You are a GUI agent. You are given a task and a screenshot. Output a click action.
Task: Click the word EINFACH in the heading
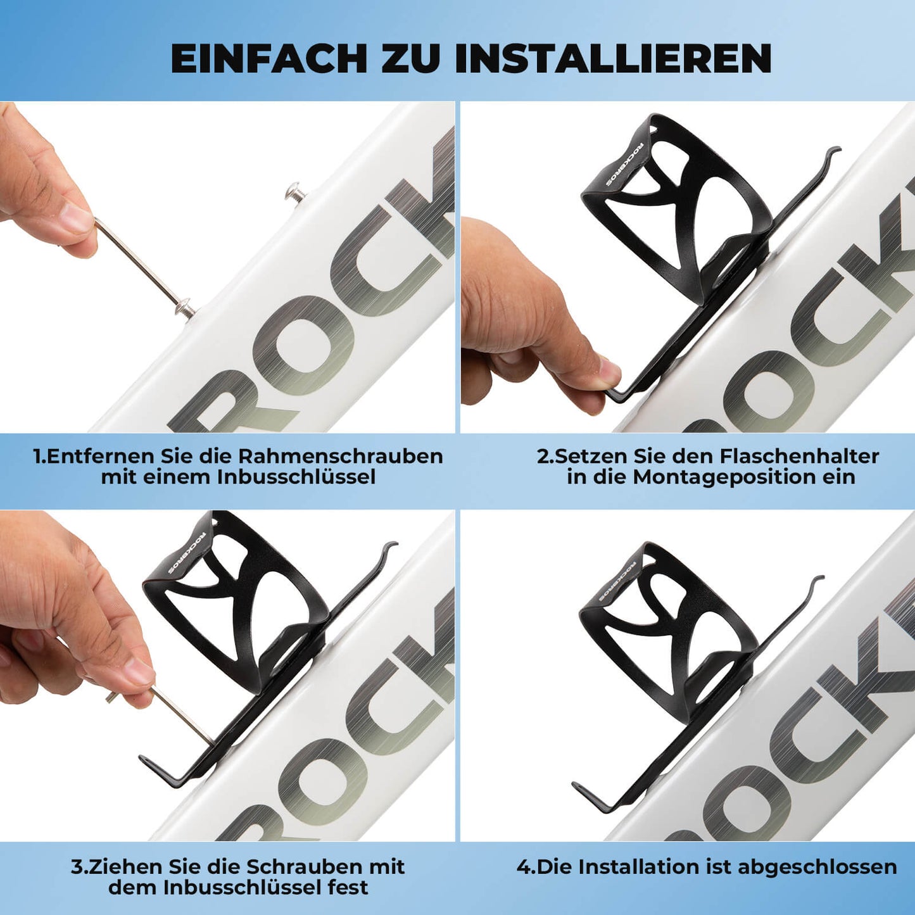269,58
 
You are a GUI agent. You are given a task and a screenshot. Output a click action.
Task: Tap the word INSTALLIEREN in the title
612,58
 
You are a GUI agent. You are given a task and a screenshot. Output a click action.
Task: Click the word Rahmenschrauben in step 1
340,456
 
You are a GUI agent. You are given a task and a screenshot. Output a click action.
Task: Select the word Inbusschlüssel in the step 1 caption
296,477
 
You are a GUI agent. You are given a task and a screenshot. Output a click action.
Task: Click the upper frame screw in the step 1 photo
295,191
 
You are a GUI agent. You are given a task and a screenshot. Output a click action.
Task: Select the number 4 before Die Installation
523,866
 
